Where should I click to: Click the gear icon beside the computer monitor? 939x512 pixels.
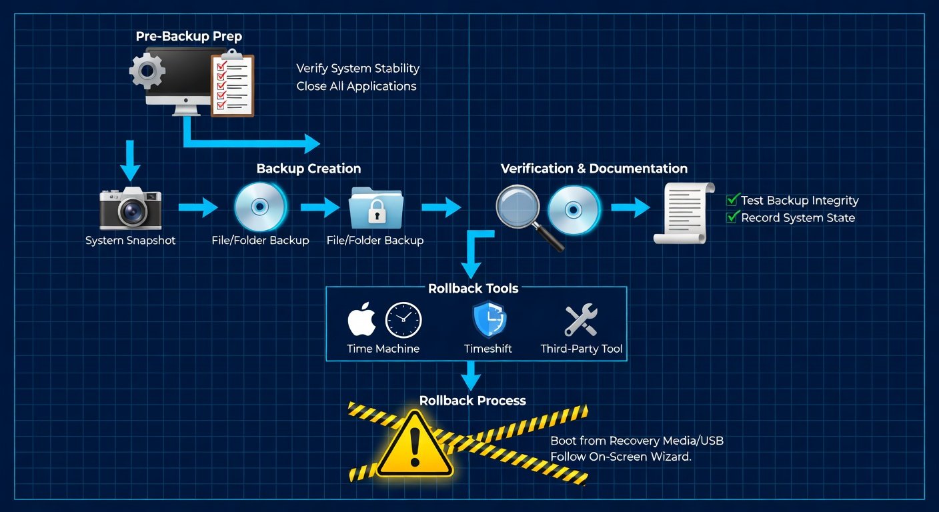147,71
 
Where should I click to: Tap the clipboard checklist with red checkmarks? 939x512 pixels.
233,85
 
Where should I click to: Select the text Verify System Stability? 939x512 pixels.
357,68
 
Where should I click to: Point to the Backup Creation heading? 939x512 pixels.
309,169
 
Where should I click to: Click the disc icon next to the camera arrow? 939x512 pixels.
260,207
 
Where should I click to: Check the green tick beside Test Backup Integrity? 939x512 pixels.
732,199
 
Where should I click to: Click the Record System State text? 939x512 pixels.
798,218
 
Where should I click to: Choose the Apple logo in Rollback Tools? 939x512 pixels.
362,320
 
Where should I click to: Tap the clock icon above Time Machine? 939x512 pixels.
403,320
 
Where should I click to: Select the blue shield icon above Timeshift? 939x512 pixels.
489,320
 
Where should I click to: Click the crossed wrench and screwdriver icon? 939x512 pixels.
581,320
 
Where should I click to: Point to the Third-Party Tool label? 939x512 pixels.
582,349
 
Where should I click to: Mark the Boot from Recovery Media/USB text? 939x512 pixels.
637,441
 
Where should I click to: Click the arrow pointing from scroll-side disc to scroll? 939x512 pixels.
630,207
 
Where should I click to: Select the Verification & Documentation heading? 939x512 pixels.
594,169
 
